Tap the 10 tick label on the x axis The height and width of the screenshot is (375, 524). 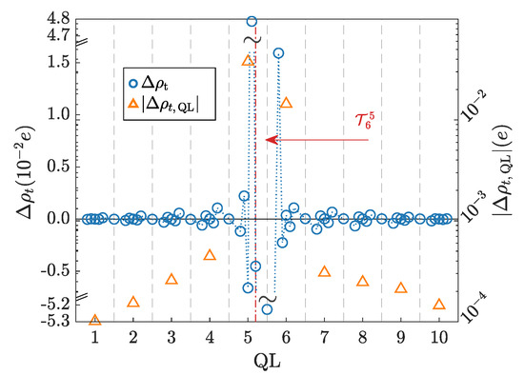pos(438,338)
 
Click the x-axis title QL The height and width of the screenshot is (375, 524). pos(266,362)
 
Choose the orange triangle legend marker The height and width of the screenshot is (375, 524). pos(133,108)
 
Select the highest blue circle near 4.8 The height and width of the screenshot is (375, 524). pos(252,21)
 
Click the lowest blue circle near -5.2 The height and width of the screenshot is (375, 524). pos(267,309)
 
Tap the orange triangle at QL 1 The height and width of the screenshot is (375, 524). pos(95,319)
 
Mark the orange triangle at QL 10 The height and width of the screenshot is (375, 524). pos(438,304)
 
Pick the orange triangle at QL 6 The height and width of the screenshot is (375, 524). pos(286,102)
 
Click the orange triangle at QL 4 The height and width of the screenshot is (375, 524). pos(210,254)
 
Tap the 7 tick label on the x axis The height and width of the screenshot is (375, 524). pos(324,338)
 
